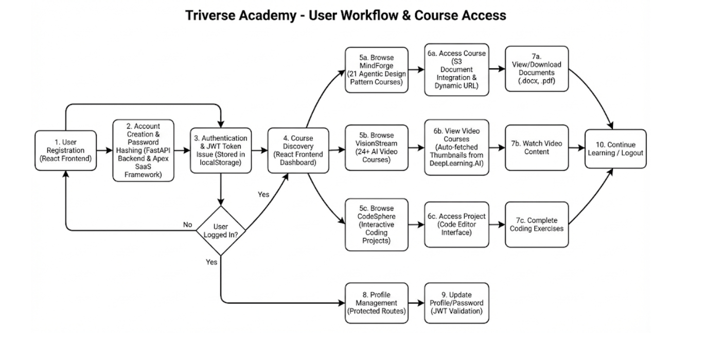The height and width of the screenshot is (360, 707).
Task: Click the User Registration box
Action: coord(66,150)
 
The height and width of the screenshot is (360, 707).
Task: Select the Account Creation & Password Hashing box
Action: coord(144,150)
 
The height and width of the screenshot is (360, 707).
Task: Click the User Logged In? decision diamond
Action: coord(221,231)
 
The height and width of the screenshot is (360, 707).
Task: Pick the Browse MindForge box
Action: coord(376,69)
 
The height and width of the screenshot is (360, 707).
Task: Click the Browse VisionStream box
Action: coord(376,150)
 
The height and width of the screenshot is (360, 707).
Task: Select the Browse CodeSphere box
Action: coord(376,225)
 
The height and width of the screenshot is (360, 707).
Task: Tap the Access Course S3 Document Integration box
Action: coord(456,69)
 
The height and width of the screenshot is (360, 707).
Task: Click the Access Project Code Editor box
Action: coord(456,225)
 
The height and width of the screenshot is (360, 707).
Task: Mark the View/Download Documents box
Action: coord(537,69)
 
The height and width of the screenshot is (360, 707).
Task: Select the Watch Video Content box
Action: coord(537,148)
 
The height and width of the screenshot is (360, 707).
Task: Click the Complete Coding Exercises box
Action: coord(537,225)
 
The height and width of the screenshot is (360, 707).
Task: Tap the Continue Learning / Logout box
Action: coord(615,149)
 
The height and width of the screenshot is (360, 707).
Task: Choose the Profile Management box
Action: coord(376,303)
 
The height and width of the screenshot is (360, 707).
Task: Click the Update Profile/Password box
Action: coord(456,303)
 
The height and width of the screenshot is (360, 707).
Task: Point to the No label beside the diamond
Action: coord(188,225)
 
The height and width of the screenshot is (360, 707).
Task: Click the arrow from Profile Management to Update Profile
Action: coord(416,303)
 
